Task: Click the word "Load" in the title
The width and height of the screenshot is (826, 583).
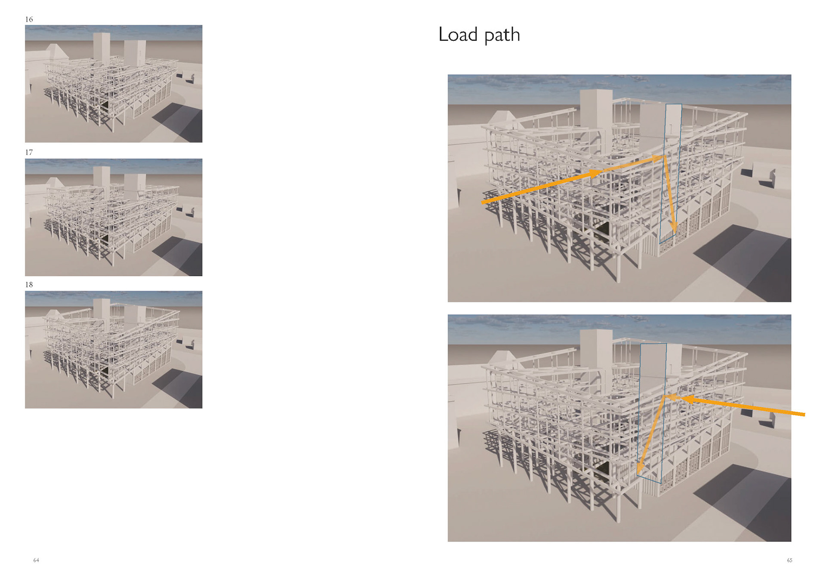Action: [x=458, y=34]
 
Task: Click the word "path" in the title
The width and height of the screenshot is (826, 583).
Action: [x=502, y=35]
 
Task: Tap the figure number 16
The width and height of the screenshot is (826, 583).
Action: [x=29, y=19]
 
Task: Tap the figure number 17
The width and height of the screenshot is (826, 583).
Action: [x=29, y=152]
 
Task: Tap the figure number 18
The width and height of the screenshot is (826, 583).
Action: [x=29, y=284]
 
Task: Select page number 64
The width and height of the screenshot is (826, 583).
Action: [x=36, y=560]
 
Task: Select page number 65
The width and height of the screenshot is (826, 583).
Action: [x=789, y=560]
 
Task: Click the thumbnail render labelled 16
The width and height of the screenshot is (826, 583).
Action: [x=114, y=84]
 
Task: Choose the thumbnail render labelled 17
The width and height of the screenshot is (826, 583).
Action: [x=114, y=217]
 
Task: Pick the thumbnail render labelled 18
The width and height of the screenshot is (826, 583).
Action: [x=114, y=350]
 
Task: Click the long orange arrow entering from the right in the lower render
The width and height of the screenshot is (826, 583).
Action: [x=744, y=406]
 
